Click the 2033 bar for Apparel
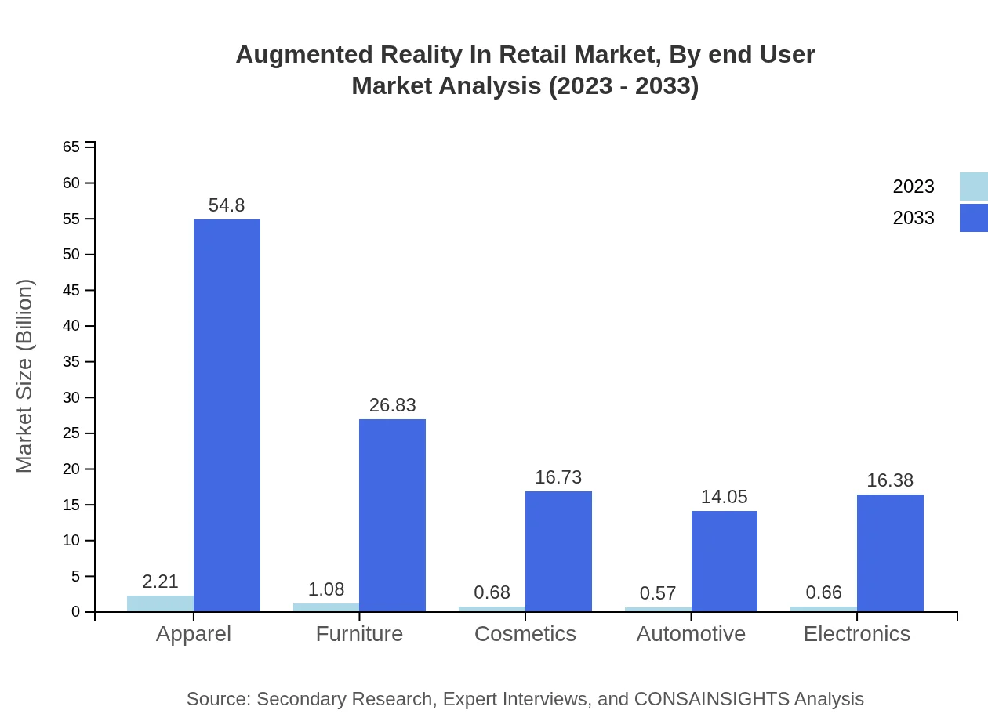227,415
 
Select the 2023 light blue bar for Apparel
160,603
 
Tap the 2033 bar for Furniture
392,515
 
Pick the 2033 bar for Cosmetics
558,551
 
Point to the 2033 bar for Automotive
724,561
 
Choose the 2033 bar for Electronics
890,553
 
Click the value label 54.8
227,205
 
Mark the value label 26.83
392,405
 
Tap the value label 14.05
724,497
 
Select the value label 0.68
492,593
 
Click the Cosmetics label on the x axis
525,634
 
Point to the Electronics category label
856,634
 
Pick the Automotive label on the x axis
691,634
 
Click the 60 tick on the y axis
71,183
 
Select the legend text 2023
913,187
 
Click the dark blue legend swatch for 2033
973,218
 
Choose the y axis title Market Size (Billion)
25,376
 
